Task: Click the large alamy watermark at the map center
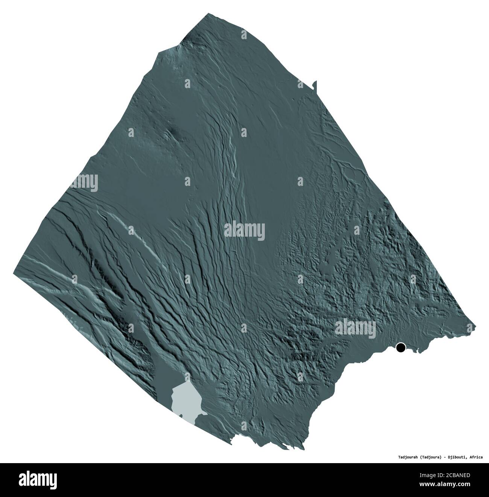point(244,230)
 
